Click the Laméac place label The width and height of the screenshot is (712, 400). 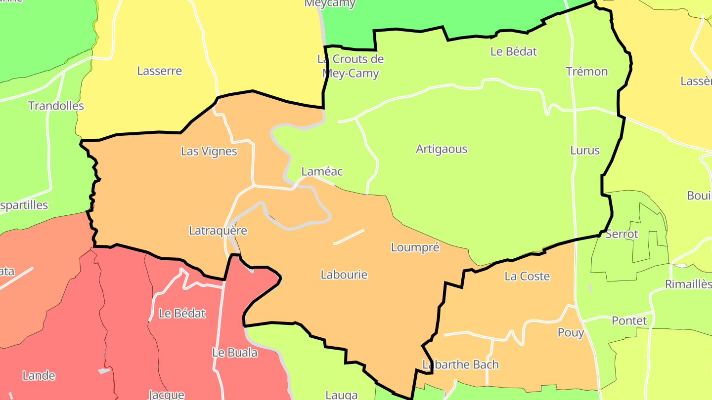322,171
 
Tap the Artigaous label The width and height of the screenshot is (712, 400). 441,149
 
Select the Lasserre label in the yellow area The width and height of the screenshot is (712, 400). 159,71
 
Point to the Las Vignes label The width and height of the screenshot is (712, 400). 209,151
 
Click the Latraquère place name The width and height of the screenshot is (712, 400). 218,230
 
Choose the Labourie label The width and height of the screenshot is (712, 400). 344,274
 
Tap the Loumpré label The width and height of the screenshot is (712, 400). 415,247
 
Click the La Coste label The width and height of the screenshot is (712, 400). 527,276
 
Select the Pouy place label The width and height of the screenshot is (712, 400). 571,332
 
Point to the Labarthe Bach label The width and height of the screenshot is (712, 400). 460,364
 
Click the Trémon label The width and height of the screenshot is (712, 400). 586,72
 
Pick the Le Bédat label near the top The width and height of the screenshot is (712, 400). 513,51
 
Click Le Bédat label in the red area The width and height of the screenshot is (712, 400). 182,313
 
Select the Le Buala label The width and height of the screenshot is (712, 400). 234,352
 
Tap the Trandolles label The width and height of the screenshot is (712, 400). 56,106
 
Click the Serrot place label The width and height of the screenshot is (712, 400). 622,234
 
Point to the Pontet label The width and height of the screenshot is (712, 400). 629,320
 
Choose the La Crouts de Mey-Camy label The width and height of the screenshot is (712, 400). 350,66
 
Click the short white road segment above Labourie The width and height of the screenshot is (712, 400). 349,237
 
